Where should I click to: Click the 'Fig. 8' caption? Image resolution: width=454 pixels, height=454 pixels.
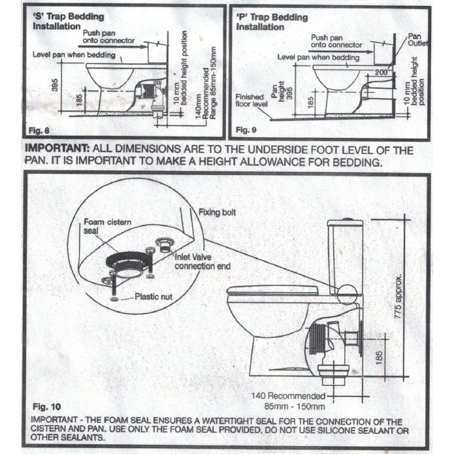coord(39,131)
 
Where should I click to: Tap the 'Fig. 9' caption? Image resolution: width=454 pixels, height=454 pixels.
coord(246,130)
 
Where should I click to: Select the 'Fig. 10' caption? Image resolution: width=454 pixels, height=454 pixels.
coord(46,407)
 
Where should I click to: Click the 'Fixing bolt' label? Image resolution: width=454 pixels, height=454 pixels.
coord(217,212)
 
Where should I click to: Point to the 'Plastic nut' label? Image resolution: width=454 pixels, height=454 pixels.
coord(154,297)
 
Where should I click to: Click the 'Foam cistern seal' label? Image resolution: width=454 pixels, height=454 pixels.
coord(107,226)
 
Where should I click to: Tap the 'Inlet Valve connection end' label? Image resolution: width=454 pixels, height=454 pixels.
coord(203,261)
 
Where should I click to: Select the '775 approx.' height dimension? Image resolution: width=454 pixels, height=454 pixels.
coord(398,297)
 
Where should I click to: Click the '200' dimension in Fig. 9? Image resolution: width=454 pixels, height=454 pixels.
coord(381,72)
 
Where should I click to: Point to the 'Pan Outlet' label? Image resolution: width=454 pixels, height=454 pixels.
coord(417,40)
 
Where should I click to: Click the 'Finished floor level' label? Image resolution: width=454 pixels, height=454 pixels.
coord(251,100)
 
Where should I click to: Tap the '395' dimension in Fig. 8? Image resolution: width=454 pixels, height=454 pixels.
coord(55,85)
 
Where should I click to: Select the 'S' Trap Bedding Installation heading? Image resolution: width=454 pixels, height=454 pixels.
coord(69,21)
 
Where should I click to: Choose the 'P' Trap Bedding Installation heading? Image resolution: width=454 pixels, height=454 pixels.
coord(272,22)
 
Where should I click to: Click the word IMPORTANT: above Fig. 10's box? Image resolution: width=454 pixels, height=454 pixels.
coord(57,148)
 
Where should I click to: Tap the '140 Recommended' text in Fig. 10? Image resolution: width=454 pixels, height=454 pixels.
coord(288,396)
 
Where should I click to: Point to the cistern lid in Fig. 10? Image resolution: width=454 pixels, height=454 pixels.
coord(345,223)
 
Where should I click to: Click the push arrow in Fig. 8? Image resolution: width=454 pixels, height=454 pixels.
coord(113,46)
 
